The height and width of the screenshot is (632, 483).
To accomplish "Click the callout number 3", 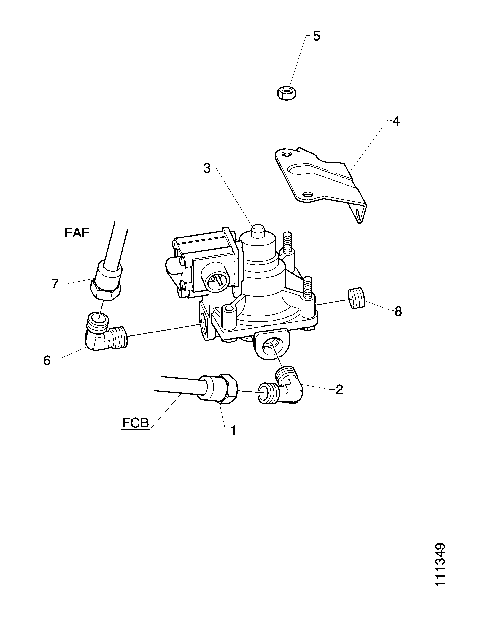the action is tap(207, 169).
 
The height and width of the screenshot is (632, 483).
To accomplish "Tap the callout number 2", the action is tap(339, 389).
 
